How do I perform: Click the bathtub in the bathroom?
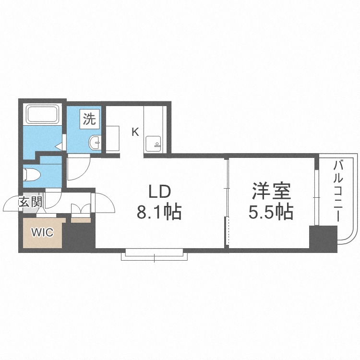43,114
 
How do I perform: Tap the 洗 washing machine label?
90,118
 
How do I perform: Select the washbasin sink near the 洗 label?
95,142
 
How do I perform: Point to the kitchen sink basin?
155,143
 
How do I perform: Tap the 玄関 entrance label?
30,202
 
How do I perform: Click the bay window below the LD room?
154,254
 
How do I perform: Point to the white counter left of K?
113,138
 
